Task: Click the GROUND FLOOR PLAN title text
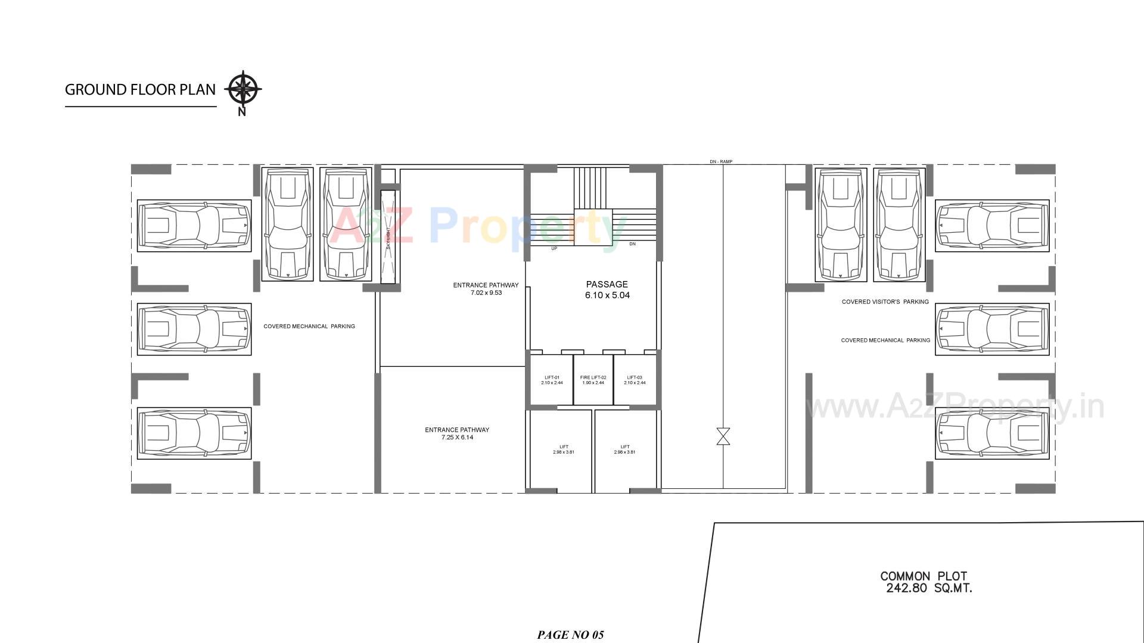pyautogui.click(x=140, y=90)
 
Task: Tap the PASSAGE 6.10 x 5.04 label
pyautogui.click(x=607, y=290)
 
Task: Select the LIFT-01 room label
pyautogui.click(x=552, y=380)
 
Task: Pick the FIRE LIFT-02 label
pyautogui.click(x=593, y=380)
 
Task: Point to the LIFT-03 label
pyautogui.click(x=635, y=380)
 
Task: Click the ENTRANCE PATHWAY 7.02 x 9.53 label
pyautogui.click(x=486, y=289)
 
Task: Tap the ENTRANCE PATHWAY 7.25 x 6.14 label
pyautogui.click(x=457, y=433)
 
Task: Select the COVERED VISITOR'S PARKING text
pyautogui.click(x=885, y=302)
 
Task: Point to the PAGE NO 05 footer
pyautogui.click(x=570, y=635)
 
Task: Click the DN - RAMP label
pyautogui.click(x=721, y=161)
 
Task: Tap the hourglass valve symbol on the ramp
pyautogui.click(x=723, y=436)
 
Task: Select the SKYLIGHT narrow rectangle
pyautogui.click(x=388, y=236)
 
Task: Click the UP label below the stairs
pyautogui.click(x=554, y=248)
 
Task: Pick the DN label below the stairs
pyautogui.click(x=632, y=244)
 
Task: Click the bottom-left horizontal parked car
pyautogui.click(x=194, y=433)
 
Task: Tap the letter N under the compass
pyautogui.click(x=241, y=112)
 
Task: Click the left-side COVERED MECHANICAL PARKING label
pyautogui.click(x=309, y=326)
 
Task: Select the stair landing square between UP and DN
pyautogui.click(x=593, y=227)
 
